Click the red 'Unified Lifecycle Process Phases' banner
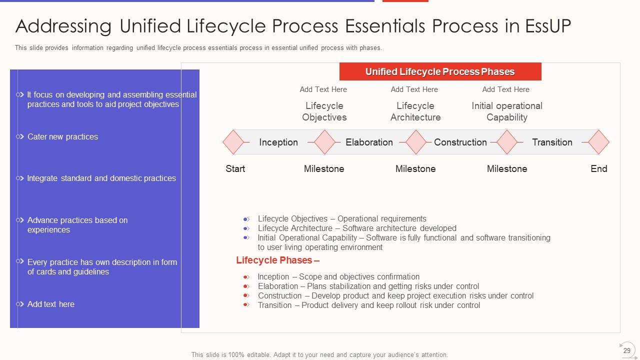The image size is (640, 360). coord(440,71)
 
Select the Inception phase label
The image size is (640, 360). coord(278,142)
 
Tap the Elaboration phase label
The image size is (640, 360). coord(369,142)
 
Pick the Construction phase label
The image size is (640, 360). coord(460,142)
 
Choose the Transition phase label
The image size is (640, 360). coord(552,142)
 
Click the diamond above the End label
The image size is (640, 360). coord(598,142)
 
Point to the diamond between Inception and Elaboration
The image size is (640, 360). coord(324,142)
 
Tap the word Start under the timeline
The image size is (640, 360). coord(235,169)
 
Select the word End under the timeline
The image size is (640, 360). coord(598,169)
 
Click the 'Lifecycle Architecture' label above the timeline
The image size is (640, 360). coord(415,111)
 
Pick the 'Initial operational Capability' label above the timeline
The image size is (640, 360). coord(507,111)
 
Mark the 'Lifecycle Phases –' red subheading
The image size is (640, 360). coord(277,260)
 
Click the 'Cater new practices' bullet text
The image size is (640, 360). coord(62,137)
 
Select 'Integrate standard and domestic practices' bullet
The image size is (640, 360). coord(101,178)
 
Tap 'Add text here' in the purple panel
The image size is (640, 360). coord(50,304)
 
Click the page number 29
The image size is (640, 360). coord(627,350)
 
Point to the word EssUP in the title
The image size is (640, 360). coord(548,26)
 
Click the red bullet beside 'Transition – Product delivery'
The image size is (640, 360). coord(246,305)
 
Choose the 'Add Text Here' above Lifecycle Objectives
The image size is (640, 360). coord(323,89)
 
